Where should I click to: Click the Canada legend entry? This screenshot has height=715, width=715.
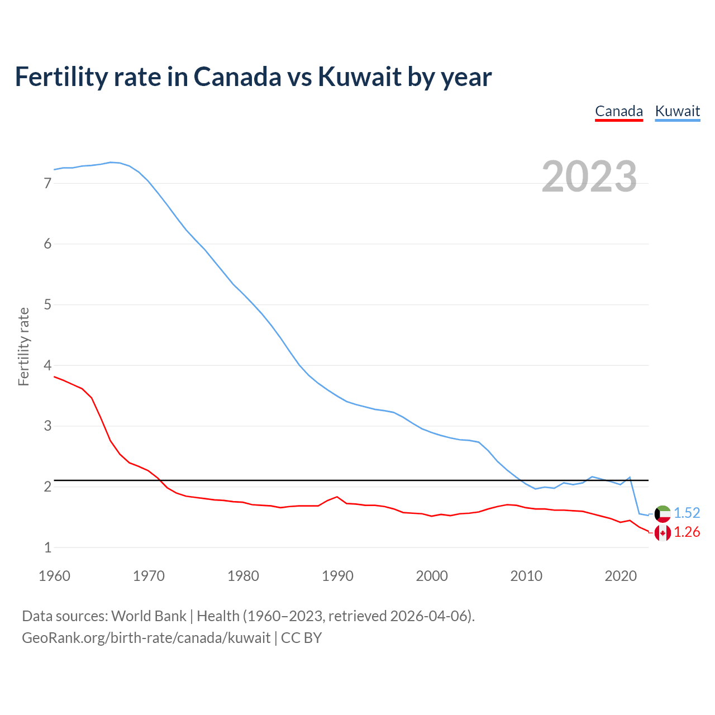(x=619, y=111)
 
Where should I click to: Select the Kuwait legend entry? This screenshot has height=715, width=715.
(x=677, y=111)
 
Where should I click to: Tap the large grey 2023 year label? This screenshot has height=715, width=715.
(x=589, y=177)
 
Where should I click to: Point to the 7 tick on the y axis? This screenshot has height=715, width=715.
(x=47, y=183)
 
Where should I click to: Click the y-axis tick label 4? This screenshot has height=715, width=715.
(x=47, y=365)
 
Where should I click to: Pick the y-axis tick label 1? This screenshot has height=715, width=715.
(x=47, y=547)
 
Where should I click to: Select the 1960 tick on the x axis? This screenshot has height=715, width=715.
(x=54, y=576)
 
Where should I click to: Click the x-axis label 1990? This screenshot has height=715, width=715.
(x=337, y=576)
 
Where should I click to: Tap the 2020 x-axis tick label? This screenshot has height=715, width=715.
(x=621, y=576)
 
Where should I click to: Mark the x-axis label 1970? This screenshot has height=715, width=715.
(x=149, y=576)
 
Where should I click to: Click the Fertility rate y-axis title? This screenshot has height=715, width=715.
(x=23, y=346)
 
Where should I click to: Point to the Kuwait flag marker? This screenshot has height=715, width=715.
(x=662, y=513)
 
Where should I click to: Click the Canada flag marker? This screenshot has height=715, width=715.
(x=662, y=533)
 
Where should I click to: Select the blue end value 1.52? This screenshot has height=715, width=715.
(x=687, y=513)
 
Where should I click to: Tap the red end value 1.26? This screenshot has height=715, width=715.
(x=687, y=532)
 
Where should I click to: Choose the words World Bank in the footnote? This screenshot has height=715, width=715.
(x=149, y=616)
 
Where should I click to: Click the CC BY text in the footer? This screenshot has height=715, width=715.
(x=301, y=638)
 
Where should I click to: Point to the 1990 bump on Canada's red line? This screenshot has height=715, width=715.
(x=337, y=497)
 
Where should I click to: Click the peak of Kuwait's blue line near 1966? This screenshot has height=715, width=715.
(x=111, y=162)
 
